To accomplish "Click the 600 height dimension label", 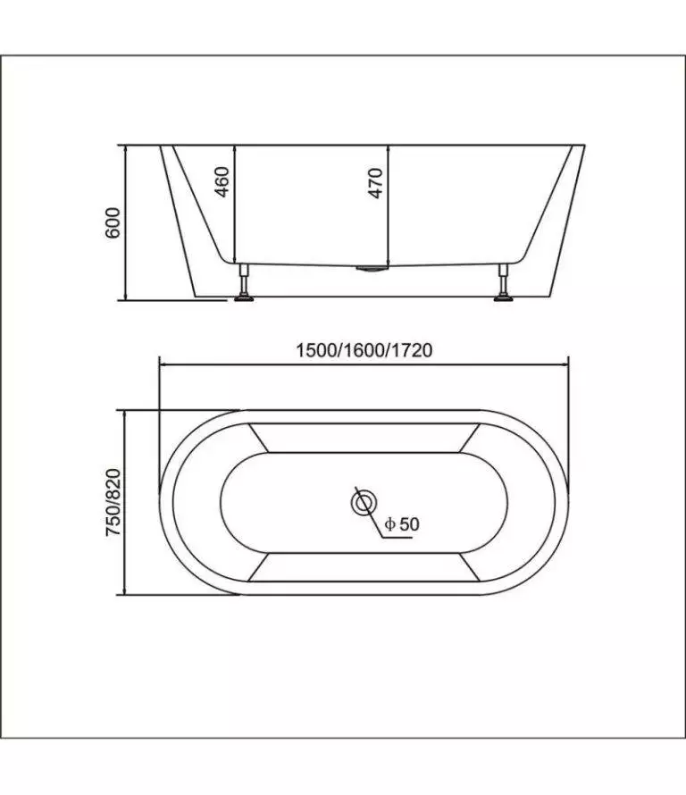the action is click(x=113, y=222).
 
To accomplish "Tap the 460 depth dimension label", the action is click(x=222, y=181).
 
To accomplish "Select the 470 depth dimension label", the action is click(x=374, y=183).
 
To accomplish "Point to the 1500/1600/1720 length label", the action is click(x=364, y=350).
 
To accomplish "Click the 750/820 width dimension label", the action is click(x=113, y=502).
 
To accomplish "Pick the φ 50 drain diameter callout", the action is click(x=402, y=523).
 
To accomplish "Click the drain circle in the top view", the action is click(x=364, y=503).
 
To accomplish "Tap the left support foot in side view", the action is click(x=244, y=282).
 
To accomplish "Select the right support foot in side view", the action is click(x=504, y=282).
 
